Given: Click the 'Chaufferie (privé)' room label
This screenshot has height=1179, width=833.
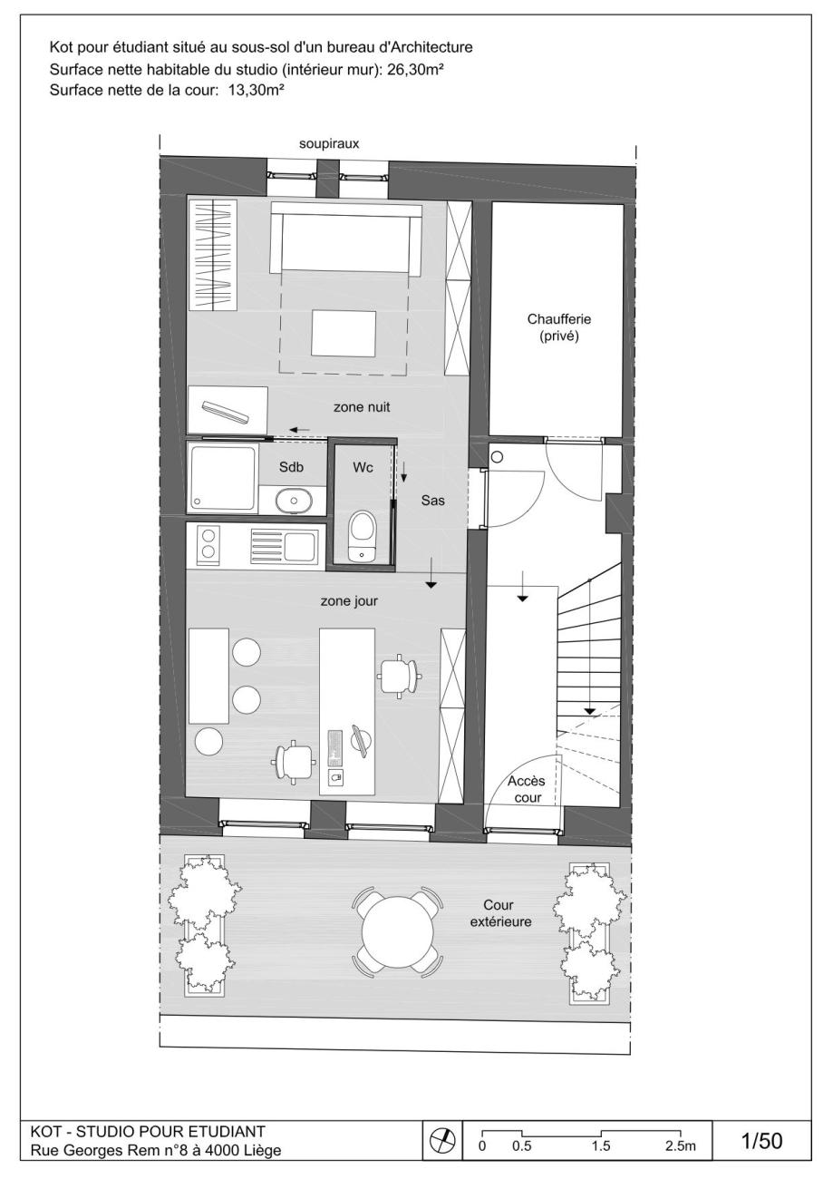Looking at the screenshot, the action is click(x=559, y=327).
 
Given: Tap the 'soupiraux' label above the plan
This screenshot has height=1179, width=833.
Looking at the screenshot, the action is click(x=329, y=143).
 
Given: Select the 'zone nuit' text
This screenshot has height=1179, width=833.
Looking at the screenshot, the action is click(x=362, y=407).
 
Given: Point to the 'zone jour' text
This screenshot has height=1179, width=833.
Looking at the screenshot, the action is click(x=349, y=601).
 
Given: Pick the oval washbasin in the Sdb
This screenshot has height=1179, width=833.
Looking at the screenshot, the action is click(x=293, y=499).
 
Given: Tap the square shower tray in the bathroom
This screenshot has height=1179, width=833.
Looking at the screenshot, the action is click(x=223, y=477).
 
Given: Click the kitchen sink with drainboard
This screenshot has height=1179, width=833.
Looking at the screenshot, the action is click(x=284, y=545).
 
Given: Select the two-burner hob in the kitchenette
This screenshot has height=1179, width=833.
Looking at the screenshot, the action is click(x=208, y=543).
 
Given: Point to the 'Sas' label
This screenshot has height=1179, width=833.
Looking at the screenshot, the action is click(x=432, y=500).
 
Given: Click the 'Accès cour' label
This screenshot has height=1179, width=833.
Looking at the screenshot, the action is click(x=527, y=790).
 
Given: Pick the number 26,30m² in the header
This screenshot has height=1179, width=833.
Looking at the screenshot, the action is click(x=413, y=69).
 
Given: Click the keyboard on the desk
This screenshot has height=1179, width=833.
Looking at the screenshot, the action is click(x=334, y=747).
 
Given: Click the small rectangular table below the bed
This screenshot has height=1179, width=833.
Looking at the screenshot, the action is click(x=344, y=333).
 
